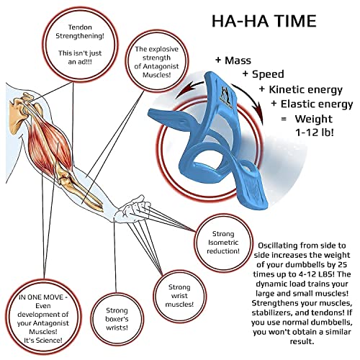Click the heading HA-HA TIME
point(264,21)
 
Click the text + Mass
point(233,60)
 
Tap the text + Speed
point(264,74)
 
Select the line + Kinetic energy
point(301,89)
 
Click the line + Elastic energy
point(312,104)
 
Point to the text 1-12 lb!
point(315,132)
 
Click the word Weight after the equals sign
point(314,119)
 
